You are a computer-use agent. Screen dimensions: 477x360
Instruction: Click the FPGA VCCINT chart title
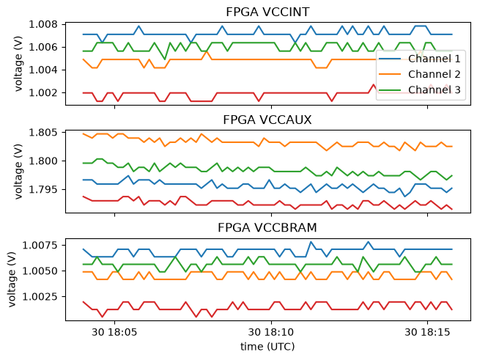[x=267, y=12]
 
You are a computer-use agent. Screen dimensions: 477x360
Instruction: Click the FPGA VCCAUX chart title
[x=267, y=120]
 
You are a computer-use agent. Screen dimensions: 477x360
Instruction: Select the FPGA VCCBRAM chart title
[x=267, y=227]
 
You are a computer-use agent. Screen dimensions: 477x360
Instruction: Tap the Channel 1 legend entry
[x=420, y=59]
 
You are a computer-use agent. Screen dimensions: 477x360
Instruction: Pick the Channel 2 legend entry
[x=420, y=74]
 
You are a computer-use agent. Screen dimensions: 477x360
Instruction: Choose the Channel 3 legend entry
[x=420, y=89]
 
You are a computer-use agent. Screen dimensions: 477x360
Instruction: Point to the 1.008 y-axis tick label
[x=43, y=24]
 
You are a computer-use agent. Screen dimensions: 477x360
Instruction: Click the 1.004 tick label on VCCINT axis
[x=43, y=70]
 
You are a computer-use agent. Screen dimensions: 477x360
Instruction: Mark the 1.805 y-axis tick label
[x=43, y=133]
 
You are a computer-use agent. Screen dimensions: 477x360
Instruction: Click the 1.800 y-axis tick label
[x=43, y=161]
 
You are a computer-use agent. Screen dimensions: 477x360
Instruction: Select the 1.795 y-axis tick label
[x=43, y=190]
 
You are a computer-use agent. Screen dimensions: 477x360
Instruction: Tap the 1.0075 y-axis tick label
[x=40, y=246]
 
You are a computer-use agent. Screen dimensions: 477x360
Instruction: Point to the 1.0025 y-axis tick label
[x=40, y=297]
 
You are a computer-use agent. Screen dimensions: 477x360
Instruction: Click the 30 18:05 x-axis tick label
[x=114, y=332]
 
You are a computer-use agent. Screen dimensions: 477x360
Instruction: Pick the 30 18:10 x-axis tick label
[x=271, y=332]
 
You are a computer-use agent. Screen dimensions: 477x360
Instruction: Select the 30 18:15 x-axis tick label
[x=427, y=332]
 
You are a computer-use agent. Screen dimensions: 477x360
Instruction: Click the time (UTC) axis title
[x=267, y=347]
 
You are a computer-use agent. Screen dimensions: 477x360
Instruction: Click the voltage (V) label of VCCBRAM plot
[x=12, y=279]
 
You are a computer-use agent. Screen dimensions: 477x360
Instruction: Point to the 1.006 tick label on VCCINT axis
[x=43, y=47]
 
